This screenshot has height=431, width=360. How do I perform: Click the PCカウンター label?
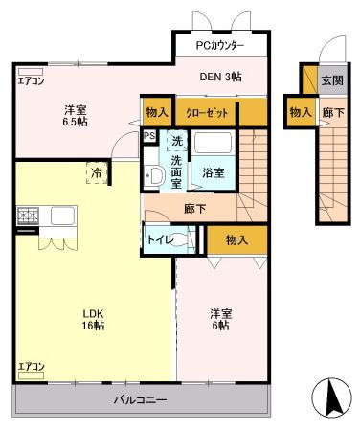point(220,46)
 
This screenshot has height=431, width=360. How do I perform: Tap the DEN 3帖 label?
point(221,78)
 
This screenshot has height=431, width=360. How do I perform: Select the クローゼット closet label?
point(207,112)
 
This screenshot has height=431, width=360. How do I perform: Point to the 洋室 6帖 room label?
point(221,319)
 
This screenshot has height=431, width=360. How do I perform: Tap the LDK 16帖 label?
point(93,319)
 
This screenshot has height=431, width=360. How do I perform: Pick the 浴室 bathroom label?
point(213,173)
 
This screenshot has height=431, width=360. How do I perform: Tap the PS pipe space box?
point(149,136)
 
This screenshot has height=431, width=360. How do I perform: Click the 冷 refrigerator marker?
point(97,173)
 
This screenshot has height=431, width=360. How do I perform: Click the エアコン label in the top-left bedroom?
point(31,80)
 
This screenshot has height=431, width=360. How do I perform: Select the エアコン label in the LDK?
point(31,368)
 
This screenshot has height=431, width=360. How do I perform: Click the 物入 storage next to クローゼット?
point(157,112)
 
